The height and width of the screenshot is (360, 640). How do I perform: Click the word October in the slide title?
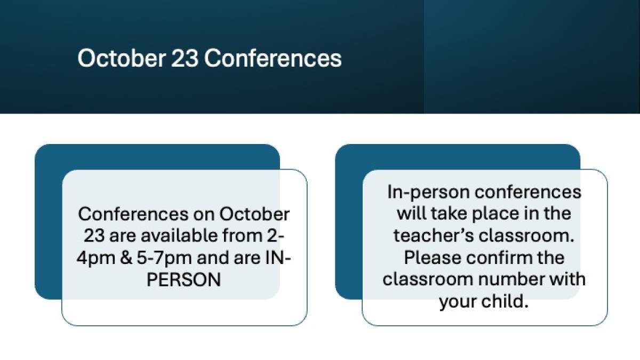tap(122, 58)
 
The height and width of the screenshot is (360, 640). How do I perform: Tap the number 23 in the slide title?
tap(185, 58)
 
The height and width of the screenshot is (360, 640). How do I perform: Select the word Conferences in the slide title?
tap(273, 58)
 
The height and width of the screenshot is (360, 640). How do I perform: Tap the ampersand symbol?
tap(126, 258)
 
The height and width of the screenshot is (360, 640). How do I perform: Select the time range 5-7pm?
tap(164, 258)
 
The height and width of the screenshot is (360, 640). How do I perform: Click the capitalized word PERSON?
tap(183, 279)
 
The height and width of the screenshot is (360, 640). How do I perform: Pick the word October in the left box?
tap(254, 214)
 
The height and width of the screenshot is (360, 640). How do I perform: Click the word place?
tap(495, 214)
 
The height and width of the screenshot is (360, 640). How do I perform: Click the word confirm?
tap(499, 258)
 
